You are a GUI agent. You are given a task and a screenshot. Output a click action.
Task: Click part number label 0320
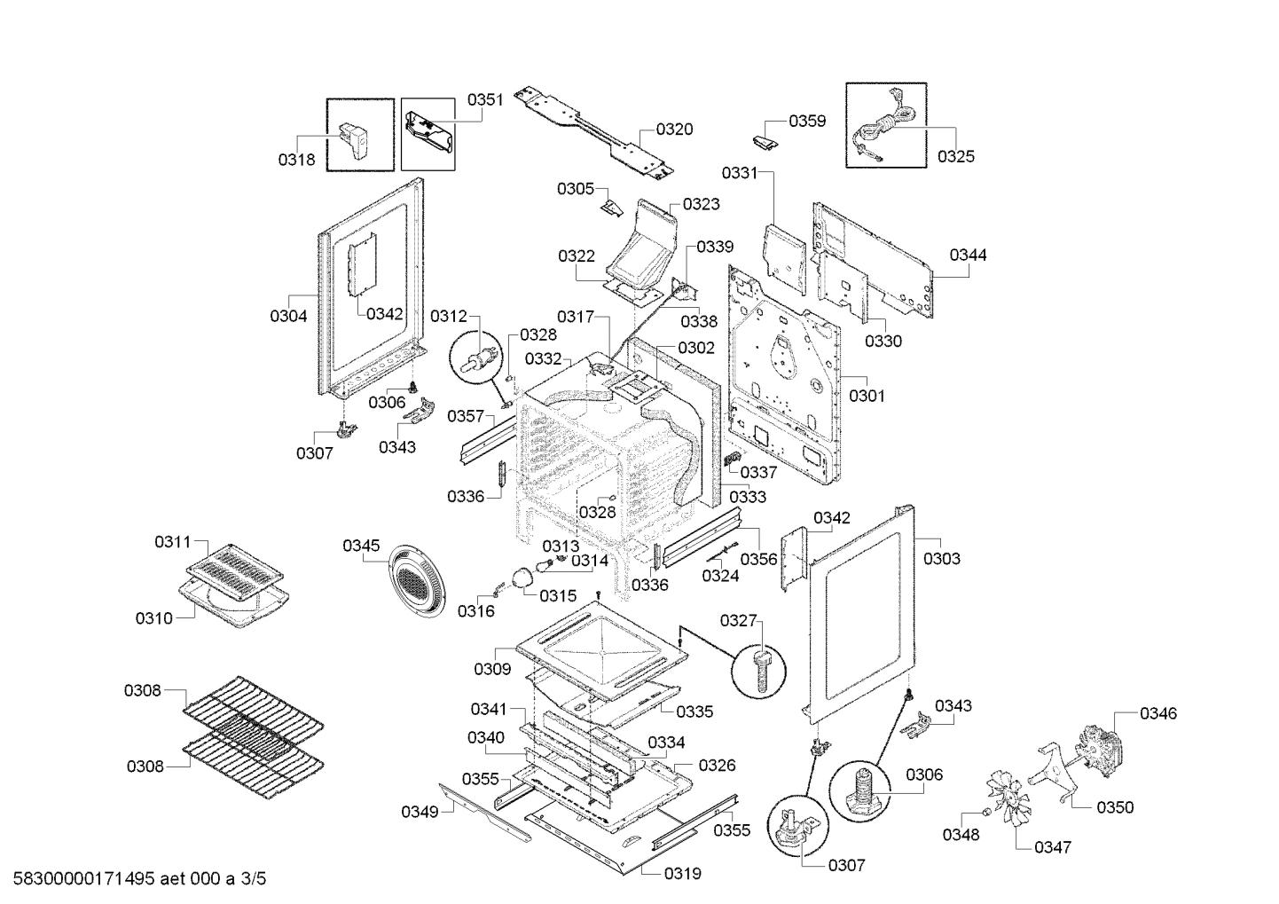[674, 130]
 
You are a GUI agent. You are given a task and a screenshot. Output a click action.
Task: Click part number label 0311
[172, 541]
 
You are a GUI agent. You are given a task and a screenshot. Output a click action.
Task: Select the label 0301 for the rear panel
[867, 397]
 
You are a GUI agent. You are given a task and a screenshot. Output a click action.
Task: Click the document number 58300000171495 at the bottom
[79, 879]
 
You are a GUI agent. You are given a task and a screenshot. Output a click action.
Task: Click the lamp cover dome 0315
[522, 578]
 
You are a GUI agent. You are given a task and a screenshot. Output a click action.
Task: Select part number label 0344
[968, 255]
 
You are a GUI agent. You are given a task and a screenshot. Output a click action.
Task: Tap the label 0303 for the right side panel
[941, 559]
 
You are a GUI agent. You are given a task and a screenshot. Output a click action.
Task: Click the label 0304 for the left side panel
[288, 316]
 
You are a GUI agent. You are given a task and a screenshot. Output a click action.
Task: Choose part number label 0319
[683, 874]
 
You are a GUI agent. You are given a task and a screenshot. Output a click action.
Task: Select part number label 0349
[419, 811]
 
